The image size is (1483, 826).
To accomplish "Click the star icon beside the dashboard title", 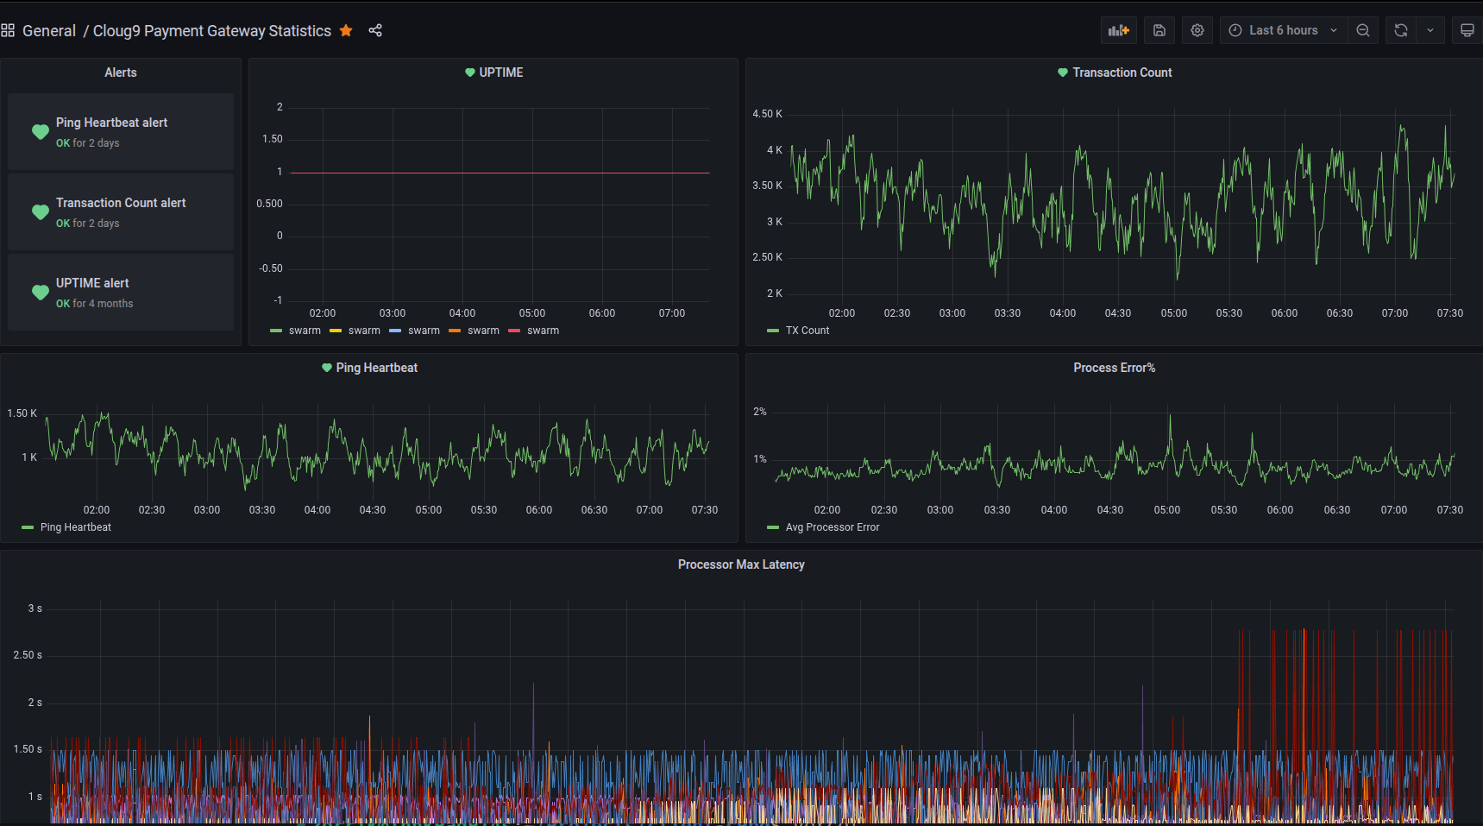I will coord(346,31).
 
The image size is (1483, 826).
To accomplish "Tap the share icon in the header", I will coord(375,31).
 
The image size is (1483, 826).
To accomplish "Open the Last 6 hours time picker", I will coord(1283,30).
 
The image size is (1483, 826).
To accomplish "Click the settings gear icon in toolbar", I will coord(1197,30).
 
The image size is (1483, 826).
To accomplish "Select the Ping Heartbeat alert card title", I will coord(111,123).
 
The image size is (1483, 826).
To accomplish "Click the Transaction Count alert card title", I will coord(121,203).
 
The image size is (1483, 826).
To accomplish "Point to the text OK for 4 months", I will coord(95,304).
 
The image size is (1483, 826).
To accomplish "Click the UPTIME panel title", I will coord(500,73).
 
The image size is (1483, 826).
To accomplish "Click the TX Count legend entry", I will coord(807,331).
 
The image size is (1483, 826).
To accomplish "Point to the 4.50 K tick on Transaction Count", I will coord(767,114).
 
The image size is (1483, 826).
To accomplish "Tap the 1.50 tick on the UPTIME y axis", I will coord(272,139).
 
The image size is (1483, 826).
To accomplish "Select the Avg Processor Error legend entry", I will coord(832,527).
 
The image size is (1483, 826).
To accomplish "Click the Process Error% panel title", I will coord(1114,368).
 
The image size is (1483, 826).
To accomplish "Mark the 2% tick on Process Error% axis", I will coord(759,412).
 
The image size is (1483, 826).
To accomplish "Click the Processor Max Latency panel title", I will coord(741,564).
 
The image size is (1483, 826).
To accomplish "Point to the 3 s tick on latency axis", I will coord(35,608).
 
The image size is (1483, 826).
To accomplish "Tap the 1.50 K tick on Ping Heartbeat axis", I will coord(22,413).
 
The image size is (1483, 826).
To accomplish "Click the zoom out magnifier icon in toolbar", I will coord(1363,30).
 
